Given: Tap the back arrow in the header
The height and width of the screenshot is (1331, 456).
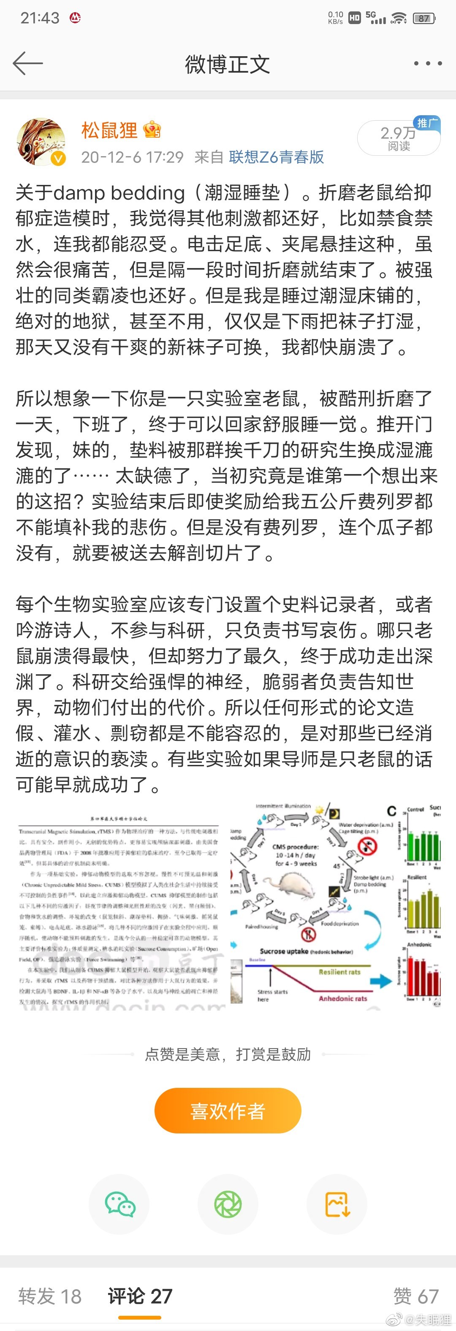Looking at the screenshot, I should coord(27,64).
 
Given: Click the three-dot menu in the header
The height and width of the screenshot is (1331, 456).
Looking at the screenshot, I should coord(428,64).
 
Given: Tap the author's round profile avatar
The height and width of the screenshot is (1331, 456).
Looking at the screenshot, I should coord(41,142).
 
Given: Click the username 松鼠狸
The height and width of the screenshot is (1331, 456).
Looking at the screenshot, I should coord(109,131).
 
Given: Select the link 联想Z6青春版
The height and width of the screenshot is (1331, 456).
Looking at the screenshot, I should coord(276,157).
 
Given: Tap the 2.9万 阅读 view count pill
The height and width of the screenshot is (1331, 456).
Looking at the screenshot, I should coord(398,138).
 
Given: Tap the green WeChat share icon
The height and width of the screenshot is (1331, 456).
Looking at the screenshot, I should coord(119,1204).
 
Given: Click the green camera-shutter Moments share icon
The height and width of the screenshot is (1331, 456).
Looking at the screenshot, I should coord(228,1204).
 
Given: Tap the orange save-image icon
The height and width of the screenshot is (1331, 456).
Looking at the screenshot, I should coord(337,1204).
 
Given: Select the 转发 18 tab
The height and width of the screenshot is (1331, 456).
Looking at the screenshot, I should coord(50,1296).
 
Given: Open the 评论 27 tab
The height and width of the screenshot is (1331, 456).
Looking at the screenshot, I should coord(140,1296).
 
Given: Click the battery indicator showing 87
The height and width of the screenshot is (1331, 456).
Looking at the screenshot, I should coord(424,19).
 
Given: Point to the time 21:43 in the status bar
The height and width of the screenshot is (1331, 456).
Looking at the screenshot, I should coord(40,18).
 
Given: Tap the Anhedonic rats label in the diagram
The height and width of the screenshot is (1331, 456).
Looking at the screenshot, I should coord(343,998).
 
